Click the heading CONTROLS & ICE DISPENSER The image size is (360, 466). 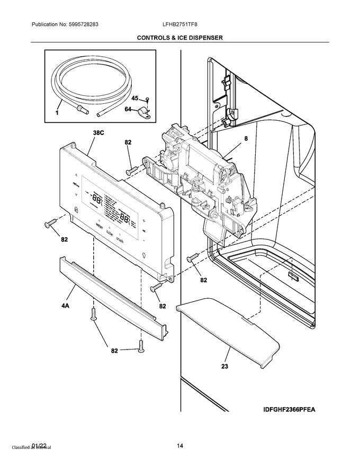coord(180,38)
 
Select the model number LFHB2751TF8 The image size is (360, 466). coord(180,25)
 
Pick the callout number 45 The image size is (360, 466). coord(134,98)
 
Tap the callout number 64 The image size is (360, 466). coord(128,109)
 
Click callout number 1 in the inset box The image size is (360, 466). coord(57,113)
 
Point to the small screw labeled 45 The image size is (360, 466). coord(148,99)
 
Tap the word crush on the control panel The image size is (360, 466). coord(121,238)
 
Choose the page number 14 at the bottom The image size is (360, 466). coord(180,446)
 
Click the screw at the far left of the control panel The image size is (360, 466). coord(52,225)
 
